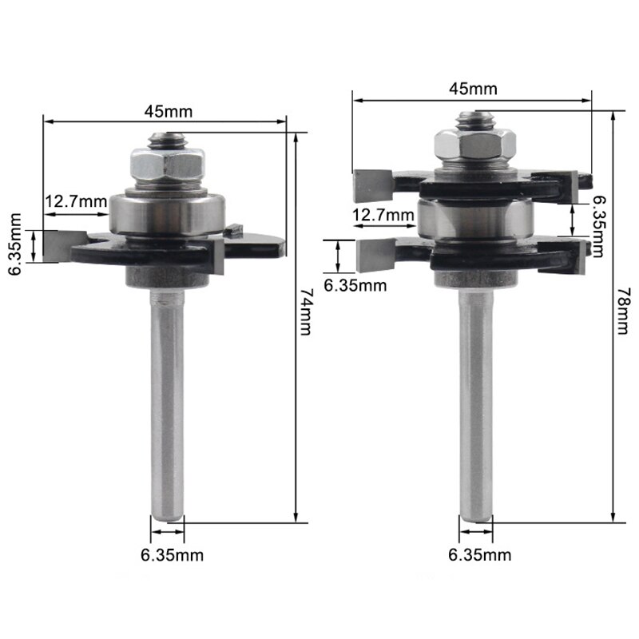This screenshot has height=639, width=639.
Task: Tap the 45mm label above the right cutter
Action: tap(472, 89)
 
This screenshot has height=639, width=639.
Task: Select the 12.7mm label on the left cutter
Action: tap(75, 201)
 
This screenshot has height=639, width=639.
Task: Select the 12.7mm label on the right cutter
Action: tap(383, 214)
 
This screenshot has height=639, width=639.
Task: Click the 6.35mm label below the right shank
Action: tap(481, 554)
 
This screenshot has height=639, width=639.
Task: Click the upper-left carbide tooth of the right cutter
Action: tap(372, 185)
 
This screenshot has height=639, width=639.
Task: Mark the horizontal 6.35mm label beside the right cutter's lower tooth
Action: tap(355, 284)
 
